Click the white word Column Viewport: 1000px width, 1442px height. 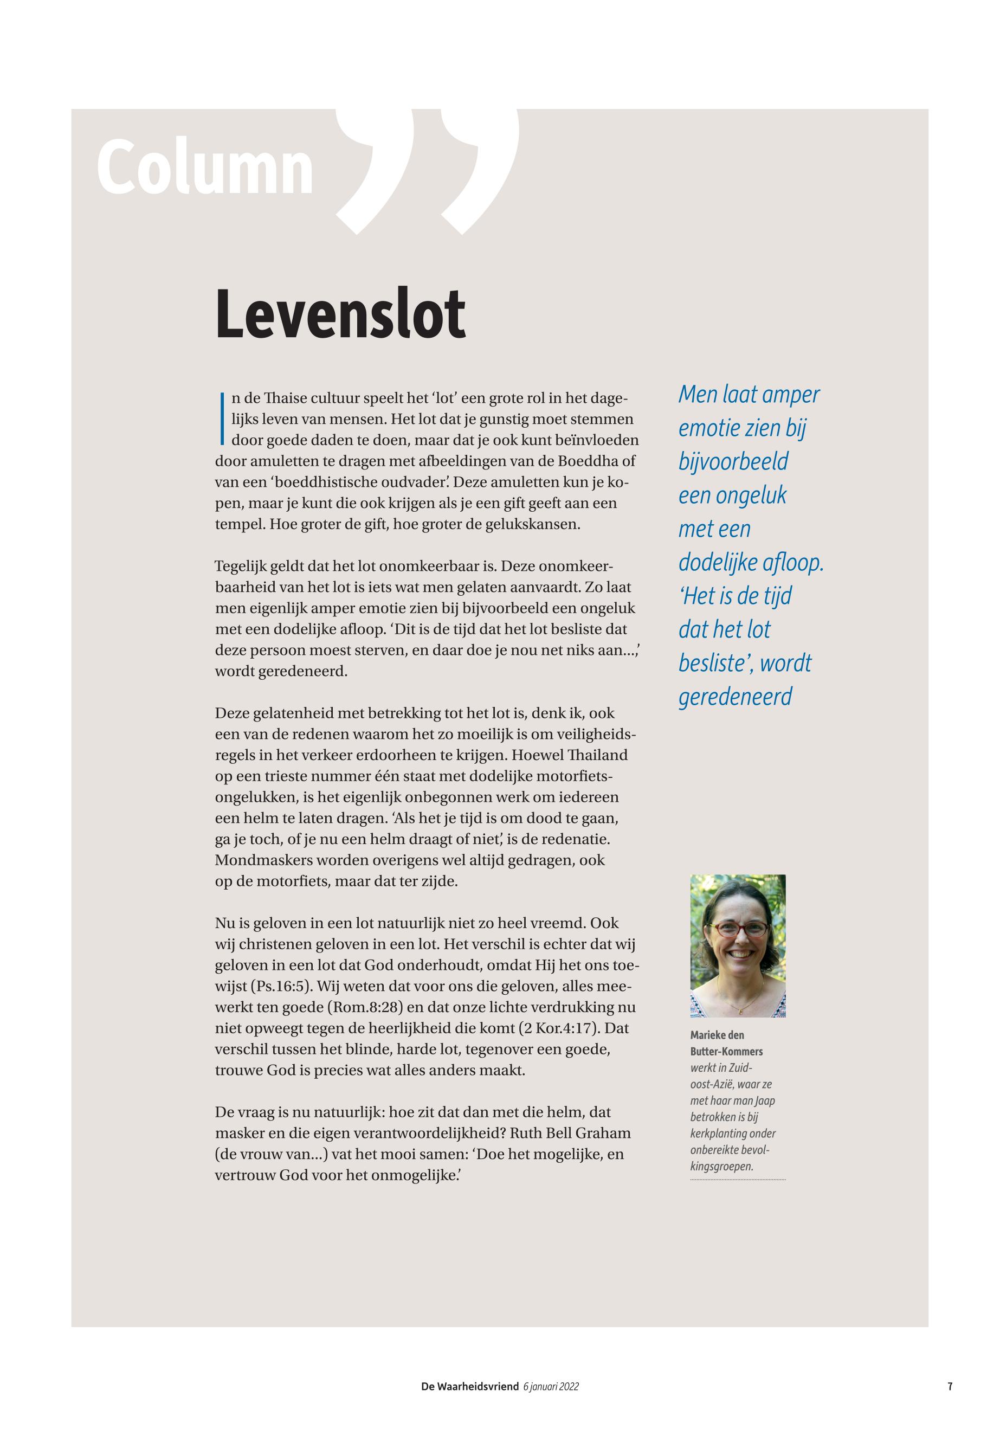[205, 168]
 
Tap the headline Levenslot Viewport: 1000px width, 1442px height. [340, 313]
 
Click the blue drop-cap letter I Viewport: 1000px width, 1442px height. [222, 418]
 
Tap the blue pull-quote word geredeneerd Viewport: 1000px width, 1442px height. [735, 696]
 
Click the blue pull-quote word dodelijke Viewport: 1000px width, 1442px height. [718, 562]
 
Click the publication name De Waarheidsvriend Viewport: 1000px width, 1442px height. [469, 1387]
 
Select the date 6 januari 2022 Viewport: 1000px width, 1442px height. [551, 1387]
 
